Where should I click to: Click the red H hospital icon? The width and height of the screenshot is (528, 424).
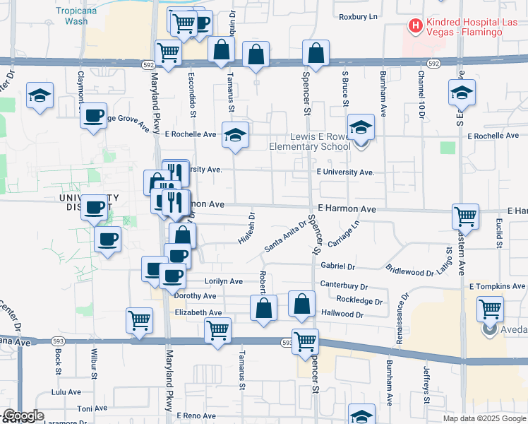(x=415, y=26)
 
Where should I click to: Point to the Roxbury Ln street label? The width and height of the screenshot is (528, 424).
(x=359, y=16)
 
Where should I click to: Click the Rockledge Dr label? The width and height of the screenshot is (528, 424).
(x=359, y=300)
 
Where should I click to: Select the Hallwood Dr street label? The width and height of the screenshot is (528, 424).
(x=342, y=314)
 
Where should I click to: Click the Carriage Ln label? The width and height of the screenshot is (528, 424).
(x=344, y=234)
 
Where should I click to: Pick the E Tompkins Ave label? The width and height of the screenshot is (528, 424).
(x=498, y=286)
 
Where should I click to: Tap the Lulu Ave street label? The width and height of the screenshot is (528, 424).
(x=66, y=391)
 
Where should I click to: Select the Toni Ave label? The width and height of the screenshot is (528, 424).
(x=92, y=408)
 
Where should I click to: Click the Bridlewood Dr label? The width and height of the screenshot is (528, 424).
(x=409, y=272)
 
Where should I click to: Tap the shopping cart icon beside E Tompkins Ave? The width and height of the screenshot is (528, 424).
(x=490, y=309)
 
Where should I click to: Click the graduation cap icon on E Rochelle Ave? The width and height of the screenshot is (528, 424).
(x=236, y=134)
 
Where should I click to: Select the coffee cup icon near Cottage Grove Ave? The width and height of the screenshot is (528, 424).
(x=94, y=117)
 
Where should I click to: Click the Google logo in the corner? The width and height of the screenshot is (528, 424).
(x=23, y=416)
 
